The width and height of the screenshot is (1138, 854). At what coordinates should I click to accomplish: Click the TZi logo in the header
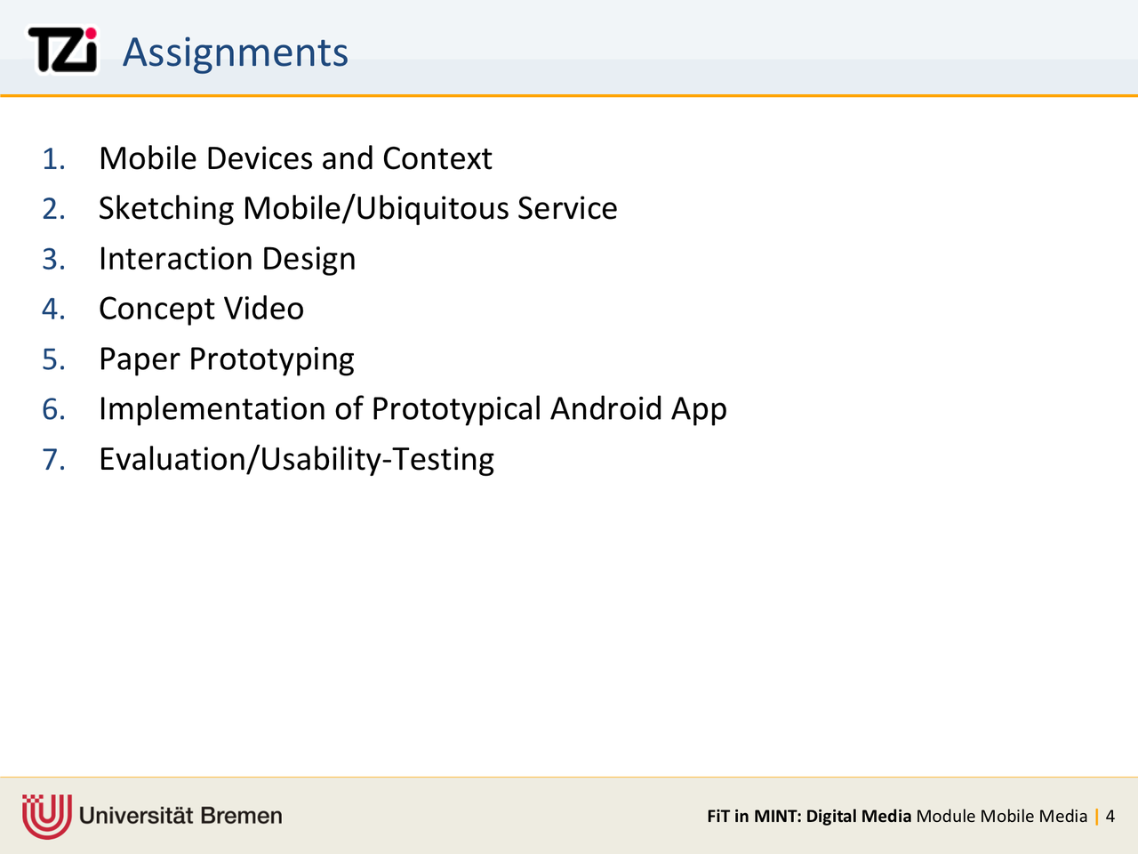(x=62, y=50)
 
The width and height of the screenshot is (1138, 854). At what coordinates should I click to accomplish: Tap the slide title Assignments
(x=235, y=52)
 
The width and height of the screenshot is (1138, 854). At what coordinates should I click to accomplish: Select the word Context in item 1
(x=437, y=158)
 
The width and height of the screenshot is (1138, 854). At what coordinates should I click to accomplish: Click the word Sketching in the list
(x=166, y=209)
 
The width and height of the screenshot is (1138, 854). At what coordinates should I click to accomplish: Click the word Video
(x=263, y=309)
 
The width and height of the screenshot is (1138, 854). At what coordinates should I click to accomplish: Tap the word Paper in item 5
(x=139, y=359)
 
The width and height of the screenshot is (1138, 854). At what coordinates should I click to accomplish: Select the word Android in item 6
(x=605, y=408)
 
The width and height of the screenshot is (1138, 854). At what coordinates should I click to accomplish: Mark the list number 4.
(x=53, y=309)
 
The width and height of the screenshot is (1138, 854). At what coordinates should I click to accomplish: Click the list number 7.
(x=53, y=459)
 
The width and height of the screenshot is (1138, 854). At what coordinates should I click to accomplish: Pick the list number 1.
(x=53, y=158)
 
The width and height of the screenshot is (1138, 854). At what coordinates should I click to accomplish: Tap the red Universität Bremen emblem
(x=46, y=816)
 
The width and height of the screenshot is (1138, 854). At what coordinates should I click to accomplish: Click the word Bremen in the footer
(x=241, y=816)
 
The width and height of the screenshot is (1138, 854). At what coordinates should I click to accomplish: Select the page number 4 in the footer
(x=1110, y=816)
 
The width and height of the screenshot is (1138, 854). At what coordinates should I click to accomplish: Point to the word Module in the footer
(x=946, y=816)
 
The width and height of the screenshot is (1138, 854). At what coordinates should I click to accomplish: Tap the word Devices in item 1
(x=260, y=158)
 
